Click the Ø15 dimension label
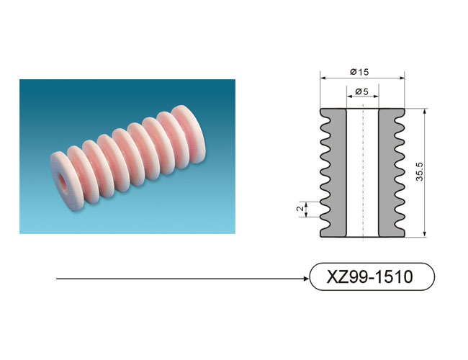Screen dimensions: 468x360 [x=359, y=72]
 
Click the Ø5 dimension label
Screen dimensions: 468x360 [x=361, y=91]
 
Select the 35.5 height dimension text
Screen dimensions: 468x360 [x=420, y=171]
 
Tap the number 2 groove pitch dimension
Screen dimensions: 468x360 [x=300, y=208]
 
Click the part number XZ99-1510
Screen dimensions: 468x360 [x=370, y=276]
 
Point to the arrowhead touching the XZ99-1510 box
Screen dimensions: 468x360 [x=307, y=279]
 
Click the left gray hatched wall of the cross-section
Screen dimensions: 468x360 [x=333, y=173]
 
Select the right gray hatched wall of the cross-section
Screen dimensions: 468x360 [x=392, y=173]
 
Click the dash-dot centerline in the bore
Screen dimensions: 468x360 [x=363, y=172]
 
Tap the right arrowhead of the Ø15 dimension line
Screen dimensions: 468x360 [x=402, y=78]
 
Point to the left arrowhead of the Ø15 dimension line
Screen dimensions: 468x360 [x=323, y=78]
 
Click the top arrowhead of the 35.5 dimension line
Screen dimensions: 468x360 [x=425, y=112]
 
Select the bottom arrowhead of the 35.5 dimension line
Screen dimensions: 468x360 [x=425, y=234]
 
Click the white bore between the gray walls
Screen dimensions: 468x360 [x=362, y=173]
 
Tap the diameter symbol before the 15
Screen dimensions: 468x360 [x=354, y=72]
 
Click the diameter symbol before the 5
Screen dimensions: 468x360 [x=359, y=91]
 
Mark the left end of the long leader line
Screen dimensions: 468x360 [x=56, y=279]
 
